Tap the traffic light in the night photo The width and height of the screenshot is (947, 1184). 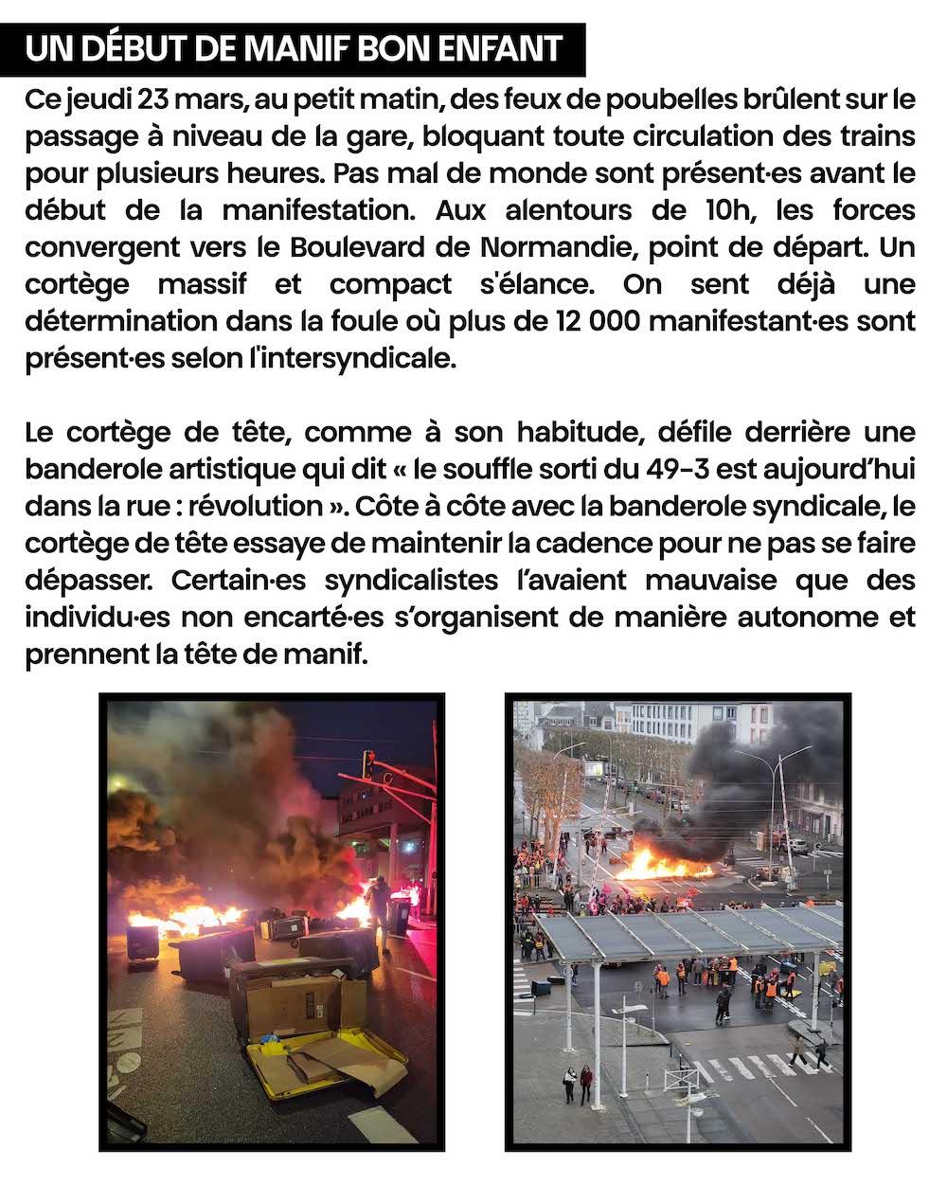tap(367, 763)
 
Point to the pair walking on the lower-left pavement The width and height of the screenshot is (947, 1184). tap(578, 1080)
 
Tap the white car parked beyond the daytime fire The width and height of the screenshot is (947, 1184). tap(798, 846)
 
